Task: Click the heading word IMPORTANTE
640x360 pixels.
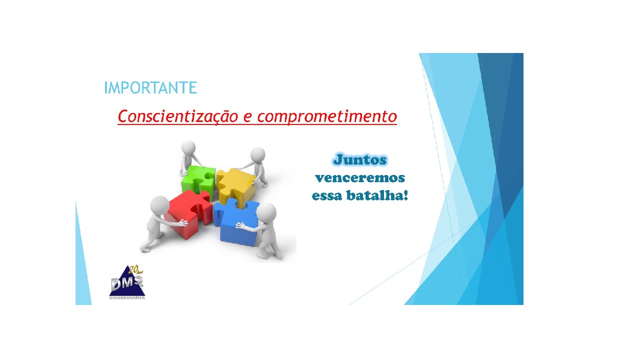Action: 150,88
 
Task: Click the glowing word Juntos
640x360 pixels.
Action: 360,160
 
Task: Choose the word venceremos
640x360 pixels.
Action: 360,178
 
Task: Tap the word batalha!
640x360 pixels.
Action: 379,195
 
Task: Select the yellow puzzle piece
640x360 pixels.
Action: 235,182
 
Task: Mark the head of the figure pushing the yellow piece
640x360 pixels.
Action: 257,154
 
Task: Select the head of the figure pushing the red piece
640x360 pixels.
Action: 160,205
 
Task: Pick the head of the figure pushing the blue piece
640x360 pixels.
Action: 266,212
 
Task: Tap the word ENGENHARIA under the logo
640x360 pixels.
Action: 127,298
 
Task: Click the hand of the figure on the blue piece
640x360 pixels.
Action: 239,226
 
